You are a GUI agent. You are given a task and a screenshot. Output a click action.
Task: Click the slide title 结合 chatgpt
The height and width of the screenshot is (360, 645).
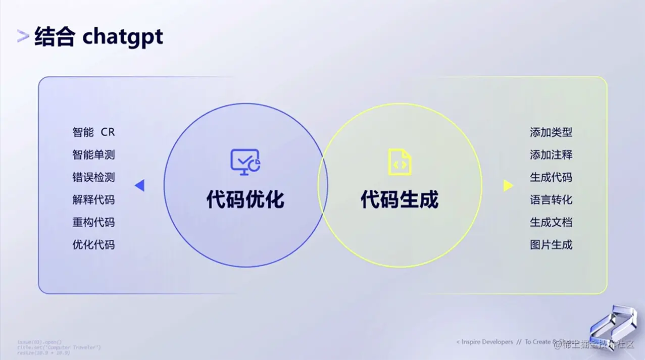98,37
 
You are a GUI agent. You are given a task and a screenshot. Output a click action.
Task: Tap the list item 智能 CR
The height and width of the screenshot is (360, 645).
93,132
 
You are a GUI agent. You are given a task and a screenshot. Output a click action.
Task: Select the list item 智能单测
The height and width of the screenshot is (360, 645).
93,155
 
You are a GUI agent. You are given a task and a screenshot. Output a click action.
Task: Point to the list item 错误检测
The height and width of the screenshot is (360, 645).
93,177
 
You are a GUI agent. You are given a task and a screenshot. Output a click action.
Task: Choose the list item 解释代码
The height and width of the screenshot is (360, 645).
93,200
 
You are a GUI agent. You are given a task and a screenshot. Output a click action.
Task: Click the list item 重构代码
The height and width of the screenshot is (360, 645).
93,222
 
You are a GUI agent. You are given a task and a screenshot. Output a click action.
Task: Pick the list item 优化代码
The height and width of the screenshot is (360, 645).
93,245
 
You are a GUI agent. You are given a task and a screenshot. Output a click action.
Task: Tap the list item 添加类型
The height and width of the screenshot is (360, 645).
551,132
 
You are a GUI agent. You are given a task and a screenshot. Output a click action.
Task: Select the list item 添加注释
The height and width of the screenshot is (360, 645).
551,155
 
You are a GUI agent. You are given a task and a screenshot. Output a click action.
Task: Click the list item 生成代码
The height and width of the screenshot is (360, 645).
551,177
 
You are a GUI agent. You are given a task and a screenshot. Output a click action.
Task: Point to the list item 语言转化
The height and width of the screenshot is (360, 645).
551,200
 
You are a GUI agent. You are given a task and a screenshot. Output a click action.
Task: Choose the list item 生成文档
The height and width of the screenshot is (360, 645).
551,222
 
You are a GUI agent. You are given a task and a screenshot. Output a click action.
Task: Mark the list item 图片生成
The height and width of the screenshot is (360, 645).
551,245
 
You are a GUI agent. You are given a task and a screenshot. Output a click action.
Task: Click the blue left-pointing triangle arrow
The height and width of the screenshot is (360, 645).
140,186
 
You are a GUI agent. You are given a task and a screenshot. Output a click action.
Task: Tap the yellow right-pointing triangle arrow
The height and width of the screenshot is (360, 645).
508,186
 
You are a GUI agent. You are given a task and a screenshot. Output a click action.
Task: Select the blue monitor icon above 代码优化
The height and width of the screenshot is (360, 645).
245,162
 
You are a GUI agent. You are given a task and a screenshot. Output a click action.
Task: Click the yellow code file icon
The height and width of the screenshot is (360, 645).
399,162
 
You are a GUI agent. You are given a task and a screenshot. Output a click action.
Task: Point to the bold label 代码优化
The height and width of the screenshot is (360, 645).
245,199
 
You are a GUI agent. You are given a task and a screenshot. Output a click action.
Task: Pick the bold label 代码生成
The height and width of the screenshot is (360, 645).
400,199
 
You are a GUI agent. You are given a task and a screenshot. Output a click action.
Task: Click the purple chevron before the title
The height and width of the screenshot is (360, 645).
23,36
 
